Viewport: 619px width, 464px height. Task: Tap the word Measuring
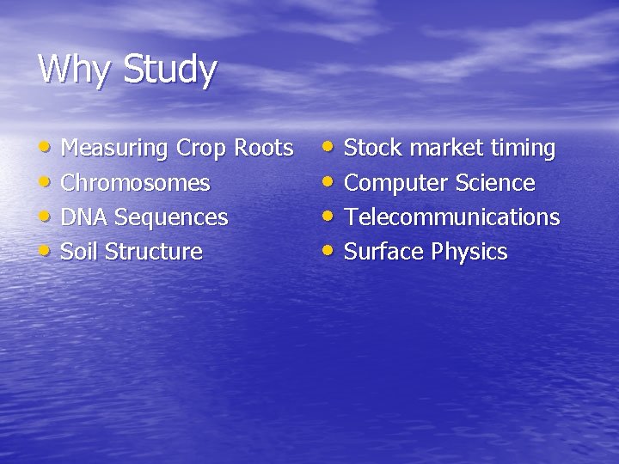[x=114, y=149]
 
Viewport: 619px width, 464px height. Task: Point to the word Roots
[x=264, y=148]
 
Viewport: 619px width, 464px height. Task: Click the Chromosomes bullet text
[x=135, y=183]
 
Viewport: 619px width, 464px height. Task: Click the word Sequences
[x=171, y=218]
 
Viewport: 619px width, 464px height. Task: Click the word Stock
[x=373, y=148]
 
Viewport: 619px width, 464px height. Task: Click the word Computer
[x=396, y=183]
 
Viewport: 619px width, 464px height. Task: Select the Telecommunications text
[x=451, y=217]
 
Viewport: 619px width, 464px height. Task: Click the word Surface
[x=384, y=252]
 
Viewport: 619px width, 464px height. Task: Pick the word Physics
[x=469, y=253]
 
